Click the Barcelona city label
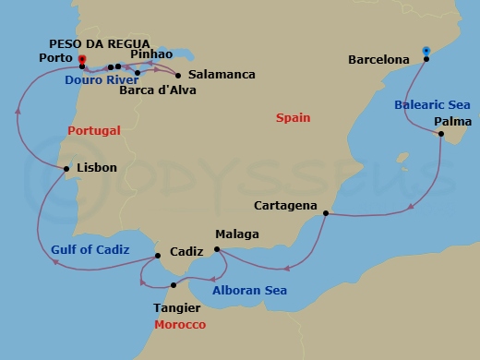click(x=378, y=60)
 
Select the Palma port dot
click(x=441, y=136)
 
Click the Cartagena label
click(x=286, y=205)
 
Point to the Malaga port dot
click(x=216, y=249)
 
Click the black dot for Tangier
click(x=174, y=285)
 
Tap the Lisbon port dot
click(x=65, y=169)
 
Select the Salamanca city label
click(x=222, y=74)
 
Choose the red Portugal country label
click(x=94, y=131)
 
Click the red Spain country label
click(x=294, y=118)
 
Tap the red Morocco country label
click(x=180, y=326)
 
